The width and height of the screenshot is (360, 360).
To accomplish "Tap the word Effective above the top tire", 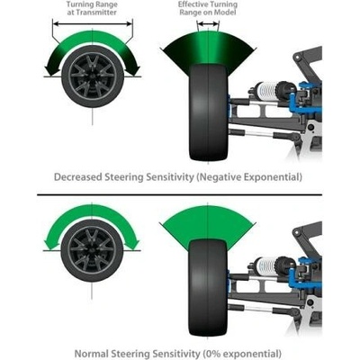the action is click(192, 4).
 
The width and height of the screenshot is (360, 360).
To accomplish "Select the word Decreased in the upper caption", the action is click(77, 177).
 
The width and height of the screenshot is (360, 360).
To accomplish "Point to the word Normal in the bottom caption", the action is click(91, 354).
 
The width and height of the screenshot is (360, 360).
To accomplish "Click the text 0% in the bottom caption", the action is click(212, 354).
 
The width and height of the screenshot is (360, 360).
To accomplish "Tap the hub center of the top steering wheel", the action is click(93, 76).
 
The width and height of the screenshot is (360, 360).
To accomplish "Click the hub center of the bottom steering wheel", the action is click(92, 250).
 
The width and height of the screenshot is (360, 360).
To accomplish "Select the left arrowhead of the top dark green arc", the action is click(50, 70).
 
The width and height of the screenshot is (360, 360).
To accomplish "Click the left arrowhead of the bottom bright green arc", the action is click(50, 244).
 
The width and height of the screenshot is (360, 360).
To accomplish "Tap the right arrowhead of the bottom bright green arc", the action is click(133, 244).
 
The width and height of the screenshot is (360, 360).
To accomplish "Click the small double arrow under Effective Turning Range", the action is click(208, 24).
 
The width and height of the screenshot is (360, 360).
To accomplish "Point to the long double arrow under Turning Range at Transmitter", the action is click(93, 24).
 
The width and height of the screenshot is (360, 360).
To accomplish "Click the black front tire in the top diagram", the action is click(209, 112).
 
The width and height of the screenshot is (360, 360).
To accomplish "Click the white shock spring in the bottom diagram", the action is click(266, 264).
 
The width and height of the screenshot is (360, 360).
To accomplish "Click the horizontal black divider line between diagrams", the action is click(179, 194).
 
